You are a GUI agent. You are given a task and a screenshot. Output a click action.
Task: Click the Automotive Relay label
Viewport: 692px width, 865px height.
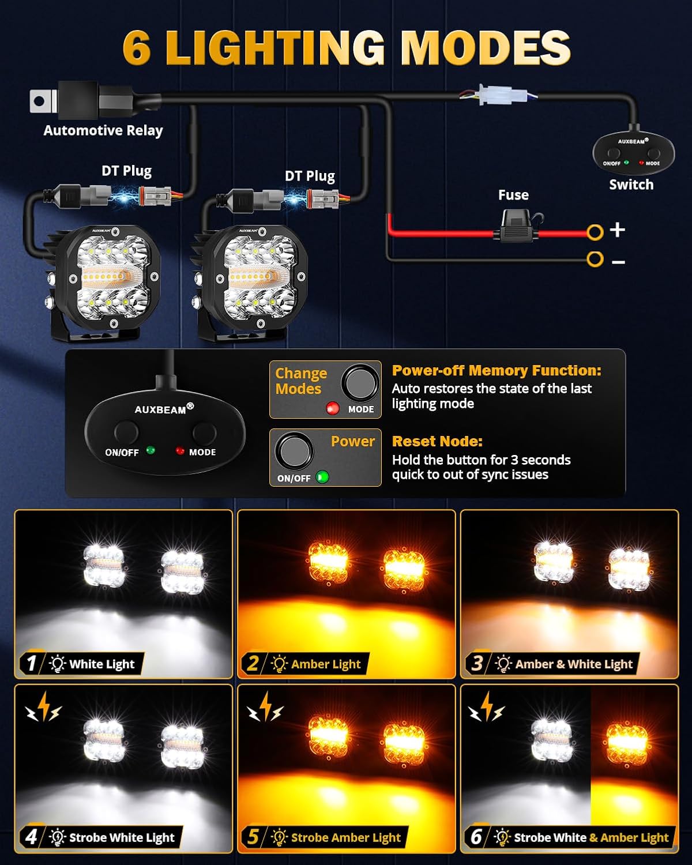(x=103, y=131)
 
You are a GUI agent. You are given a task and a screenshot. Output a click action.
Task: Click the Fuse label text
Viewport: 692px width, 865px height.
(x=513, y=195)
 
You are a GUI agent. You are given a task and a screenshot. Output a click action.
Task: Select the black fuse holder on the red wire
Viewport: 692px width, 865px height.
(x=517, y=228)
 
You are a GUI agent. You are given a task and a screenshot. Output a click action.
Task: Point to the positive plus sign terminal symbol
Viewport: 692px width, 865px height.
(x=617, y=230)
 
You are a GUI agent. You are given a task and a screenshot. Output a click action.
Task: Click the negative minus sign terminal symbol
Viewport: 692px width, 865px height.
(x=618, y=262)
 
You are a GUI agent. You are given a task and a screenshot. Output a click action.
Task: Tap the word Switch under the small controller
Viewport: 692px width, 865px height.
(x=631, y=185)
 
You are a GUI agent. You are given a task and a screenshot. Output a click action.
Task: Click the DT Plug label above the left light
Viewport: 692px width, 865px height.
(x=126, y=171)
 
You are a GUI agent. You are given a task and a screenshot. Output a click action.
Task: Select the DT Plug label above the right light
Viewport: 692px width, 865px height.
(x=310, y=176)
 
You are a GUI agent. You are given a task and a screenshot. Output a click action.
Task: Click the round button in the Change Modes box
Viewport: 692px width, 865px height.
(x=360, y=382)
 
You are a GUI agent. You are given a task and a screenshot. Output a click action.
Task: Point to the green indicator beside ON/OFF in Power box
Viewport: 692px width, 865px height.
(x=322, y=477)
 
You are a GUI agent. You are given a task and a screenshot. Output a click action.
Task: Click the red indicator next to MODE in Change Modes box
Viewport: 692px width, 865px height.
(x=333, y=408)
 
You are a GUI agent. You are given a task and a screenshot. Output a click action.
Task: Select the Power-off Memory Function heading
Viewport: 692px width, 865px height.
(x=497, y=371)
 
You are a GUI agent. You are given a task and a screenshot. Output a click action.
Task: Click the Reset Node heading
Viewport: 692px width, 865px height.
(x=437, y=441)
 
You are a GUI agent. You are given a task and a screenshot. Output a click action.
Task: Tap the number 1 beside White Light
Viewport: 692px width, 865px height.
(x=32, y=663)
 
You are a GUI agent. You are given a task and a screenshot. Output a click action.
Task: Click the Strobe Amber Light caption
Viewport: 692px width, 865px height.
(x=345, y=837)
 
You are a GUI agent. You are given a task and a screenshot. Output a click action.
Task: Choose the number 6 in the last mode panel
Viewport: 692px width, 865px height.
(x=476, y=836)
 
